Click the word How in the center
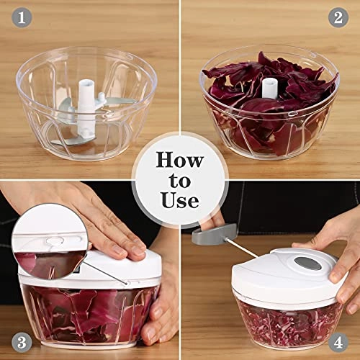[x=179, y=159]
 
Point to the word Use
[x=179, y=199]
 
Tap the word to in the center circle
[x=179, y=179]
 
